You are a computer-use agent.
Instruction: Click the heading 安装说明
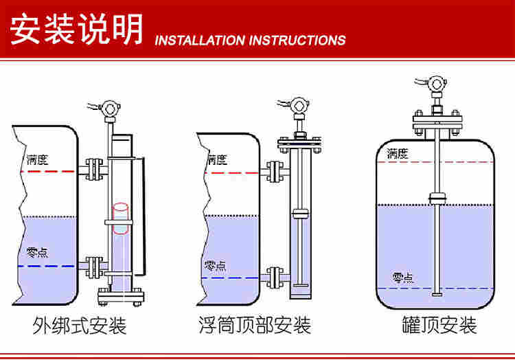click(x=76, y=29)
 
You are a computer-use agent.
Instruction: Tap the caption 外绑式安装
click(x=80, y=325)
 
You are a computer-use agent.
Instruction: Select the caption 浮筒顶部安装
click(x=254, y=325)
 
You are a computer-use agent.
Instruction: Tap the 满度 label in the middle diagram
click(x=217, y=160)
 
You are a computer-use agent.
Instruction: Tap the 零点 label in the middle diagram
click(x=215, y=265)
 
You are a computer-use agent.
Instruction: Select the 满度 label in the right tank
click(x=398, y=153)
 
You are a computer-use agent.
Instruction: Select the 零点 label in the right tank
click(x=403, y=278)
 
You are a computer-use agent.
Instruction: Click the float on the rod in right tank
click(x=437, y=198)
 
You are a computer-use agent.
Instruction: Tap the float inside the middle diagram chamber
click(x=299, y=213)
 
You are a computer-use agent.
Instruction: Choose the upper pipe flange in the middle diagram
click(x=275, y=172)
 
